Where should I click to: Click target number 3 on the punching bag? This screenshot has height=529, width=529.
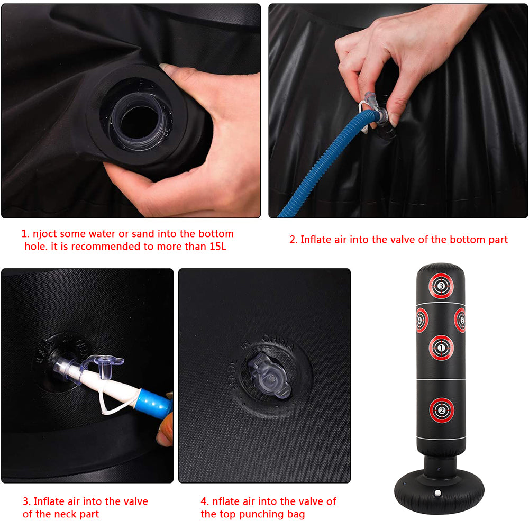442,286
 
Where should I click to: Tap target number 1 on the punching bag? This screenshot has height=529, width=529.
442,348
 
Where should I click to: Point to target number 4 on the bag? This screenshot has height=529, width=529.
421,320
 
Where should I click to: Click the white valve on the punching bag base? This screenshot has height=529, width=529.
438,493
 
